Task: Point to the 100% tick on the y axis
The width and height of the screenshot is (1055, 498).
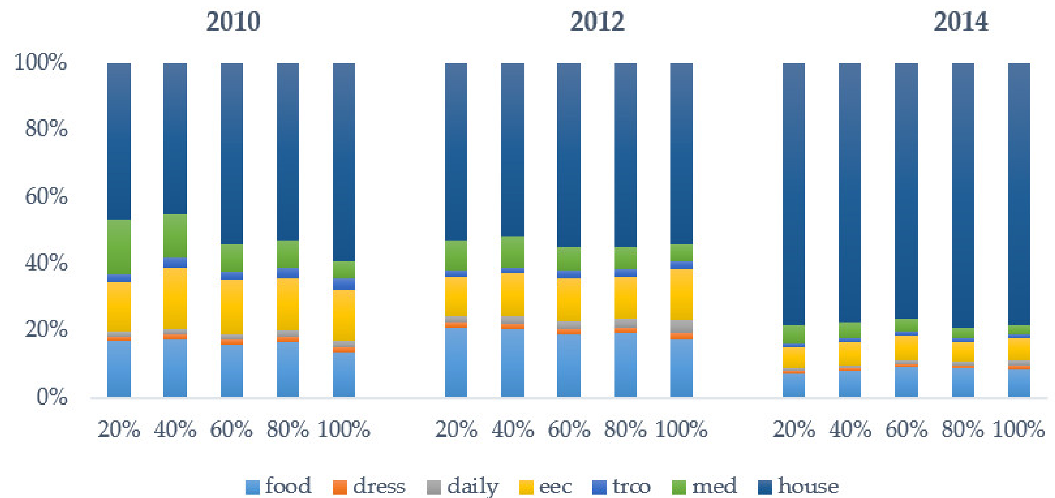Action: click(40, 62)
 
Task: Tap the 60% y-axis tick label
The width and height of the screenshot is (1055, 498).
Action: click(46, 196)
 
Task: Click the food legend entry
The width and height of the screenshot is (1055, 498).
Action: click(278, 486)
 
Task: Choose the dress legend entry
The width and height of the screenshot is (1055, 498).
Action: click(369, 486)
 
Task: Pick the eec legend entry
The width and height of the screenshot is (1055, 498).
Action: click(546, 486)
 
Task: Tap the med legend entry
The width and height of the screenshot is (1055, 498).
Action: click(704, 486)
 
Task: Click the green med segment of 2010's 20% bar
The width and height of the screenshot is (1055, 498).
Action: click(119, 246)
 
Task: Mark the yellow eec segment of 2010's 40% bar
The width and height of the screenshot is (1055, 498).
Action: click(175, 298)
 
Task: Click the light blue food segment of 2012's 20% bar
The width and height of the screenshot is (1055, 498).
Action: click(456, 362)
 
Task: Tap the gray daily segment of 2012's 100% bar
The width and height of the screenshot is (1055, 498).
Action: click(681, 326)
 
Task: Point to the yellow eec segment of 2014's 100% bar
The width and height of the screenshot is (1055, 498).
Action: click(1019, 349)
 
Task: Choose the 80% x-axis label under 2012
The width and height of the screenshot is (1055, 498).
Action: click(625, 429)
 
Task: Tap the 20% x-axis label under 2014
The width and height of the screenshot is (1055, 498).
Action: click(794, 429)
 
